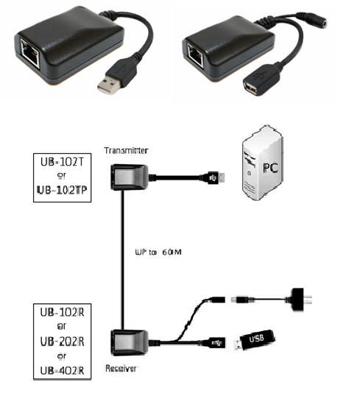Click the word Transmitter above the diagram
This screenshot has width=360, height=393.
point(126,151)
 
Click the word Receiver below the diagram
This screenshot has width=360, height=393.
point(121,369)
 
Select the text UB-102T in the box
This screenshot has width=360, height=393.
point(62,162)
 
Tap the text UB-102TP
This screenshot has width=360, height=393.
point(62,190)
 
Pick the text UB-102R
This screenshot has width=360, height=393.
point(62,312)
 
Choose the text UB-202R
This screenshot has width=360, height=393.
point(62,341)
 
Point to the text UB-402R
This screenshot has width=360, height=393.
point(62,370)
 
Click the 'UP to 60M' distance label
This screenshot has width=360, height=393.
point(158,252)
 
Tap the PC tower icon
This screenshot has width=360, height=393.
point(263,163)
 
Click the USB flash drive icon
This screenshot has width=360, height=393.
point(255,339)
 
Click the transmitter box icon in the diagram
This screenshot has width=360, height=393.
point(130,177)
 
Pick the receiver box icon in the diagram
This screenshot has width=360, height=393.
point(130,343)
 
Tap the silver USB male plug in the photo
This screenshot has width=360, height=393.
point(108,85)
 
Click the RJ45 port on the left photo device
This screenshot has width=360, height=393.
point(30,53)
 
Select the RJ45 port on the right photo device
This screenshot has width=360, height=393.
point(196,53)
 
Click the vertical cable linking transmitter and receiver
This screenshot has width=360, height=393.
point(123,260)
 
